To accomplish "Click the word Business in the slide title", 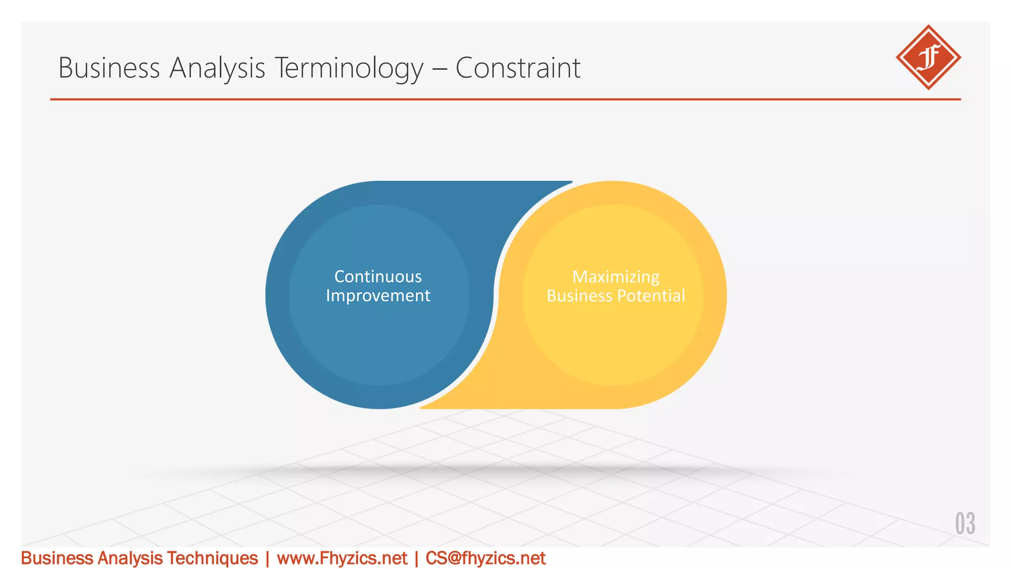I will (109, 68).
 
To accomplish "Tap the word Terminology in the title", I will (349, 68).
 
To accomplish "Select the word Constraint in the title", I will (517, 68).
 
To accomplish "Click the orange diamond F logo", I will (928, 57).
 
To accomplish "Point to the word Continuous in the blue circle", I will (378, 277).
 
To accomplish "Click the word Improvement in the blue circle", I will (378, 296).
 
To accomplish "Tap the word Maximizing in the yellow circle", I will (616, 277).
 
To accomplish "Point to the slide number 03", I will (965, 524).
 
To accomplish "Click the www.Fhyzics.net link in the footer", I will (342, 559).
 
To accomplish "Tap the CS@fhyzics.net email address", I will (485, 559).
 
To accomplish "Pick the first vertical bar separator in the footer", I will (267, 559).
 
